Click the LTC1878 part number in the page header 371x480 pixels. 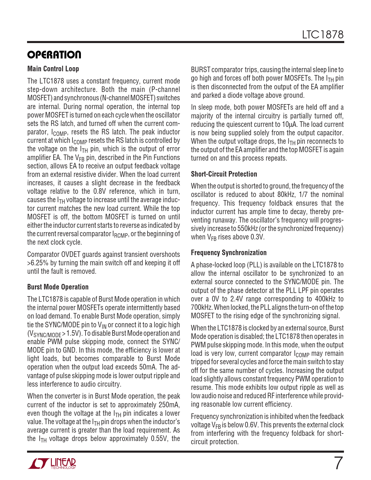coord(323,35)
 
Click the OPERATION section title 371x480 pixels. coord(54,55)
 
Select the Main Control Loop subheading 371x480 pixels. coord(53,69)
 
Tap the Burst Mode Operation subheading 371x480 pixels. coord(58,287)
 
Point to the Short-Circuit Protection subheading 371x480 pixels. coord(224,174)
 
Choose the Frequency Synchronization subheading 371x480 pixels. coord(228,253)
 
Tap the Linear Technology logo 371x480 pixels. coord(52,463)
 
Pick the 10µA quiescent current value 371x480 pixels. coord(289,125)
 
